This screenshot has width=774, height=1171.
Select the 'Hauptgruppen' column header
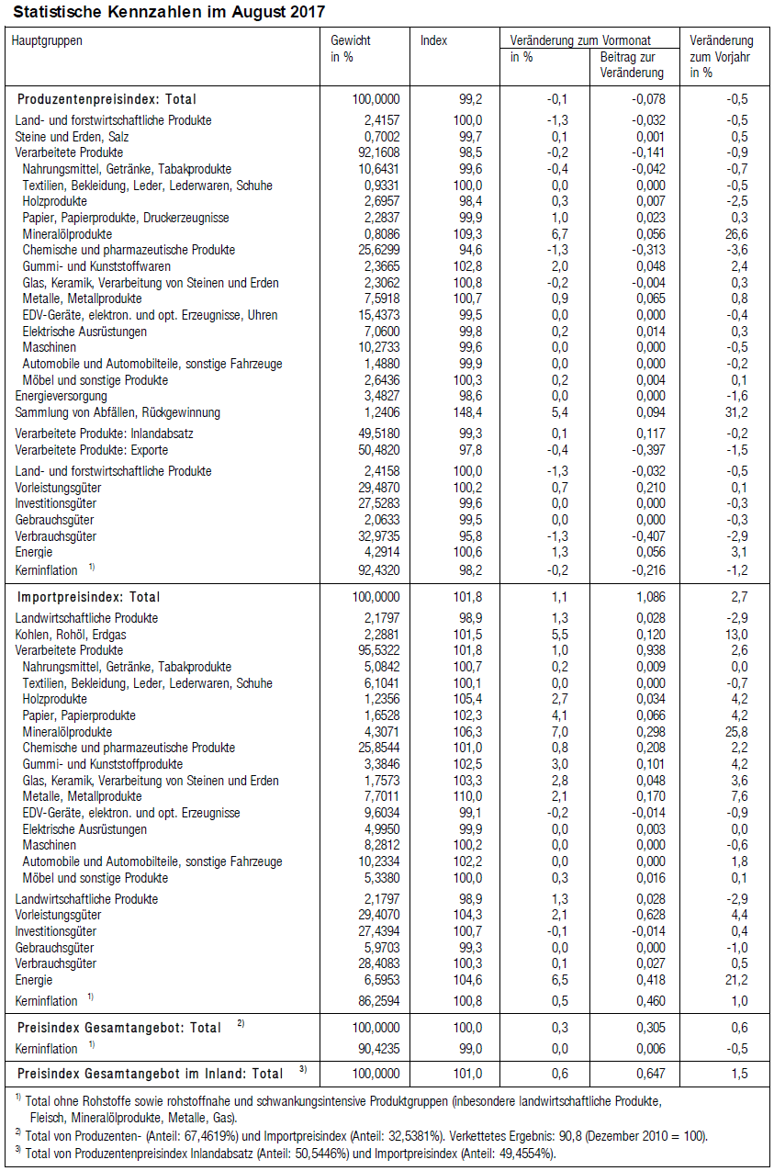click(x=47, y=40)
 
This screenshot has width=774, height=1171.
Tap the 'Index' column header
click(x=434, y=40)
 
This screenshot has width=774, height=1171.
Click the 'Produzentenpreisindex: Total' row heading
click(x=107, y=99)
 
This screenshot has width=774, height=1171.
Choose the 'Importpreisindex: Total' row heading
click(x=90, y=597)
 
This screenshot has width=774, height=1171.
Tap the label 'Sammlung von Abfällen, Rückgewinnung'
click(x=118, y=412)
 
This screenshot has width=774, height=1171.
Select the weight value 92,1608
click(x=376, y=152)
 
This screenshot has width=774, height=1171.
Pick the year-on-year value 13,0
click(x=737, y=634)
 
